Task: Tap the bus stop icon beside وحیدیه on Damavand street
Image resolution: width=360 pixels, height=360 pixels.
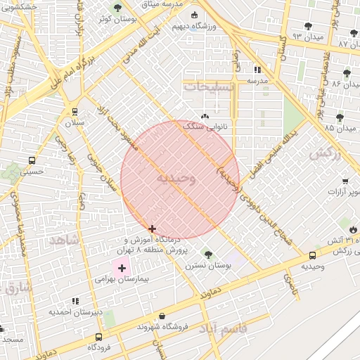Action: (312, 256)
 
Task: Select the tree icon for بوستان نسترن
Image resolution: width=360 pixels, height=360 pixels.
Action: (207, 254)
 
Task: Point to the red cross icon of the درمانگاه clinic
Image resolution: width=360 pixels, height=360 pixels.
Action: (153, 229)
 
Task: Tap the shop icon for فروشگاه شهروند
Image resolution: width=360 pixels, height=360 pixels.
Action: (162, 316)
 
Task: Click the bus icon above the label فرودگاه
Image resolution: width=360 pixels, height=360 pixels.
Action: (98, 337)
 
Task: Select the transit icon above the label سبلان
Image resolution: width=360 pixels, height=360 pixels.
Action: (75, 112)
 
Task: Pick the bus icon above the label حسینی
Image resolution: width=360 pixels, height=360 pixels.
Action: (31, 160)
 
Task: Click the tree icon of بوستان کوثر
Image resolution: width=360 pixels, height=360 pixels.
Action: (117, 7)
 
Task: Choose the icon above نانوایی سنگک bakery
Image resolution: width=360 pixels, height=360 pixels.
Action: (205, 116)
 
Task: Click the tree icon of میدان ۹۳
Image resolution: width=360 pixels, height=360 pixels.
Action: (308, 26)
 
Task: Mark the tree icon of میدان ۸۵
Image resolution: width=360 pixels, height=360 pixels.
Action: (340, 117)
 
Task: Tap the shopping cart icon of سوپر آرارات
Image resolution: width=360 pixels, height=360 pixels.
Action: (345, 181)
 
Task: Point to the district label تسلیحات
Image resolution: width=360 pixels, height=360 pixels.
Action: (210, 86)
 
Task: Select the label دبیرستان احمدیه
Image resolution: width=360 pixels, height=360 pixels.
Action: (75, 311)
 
